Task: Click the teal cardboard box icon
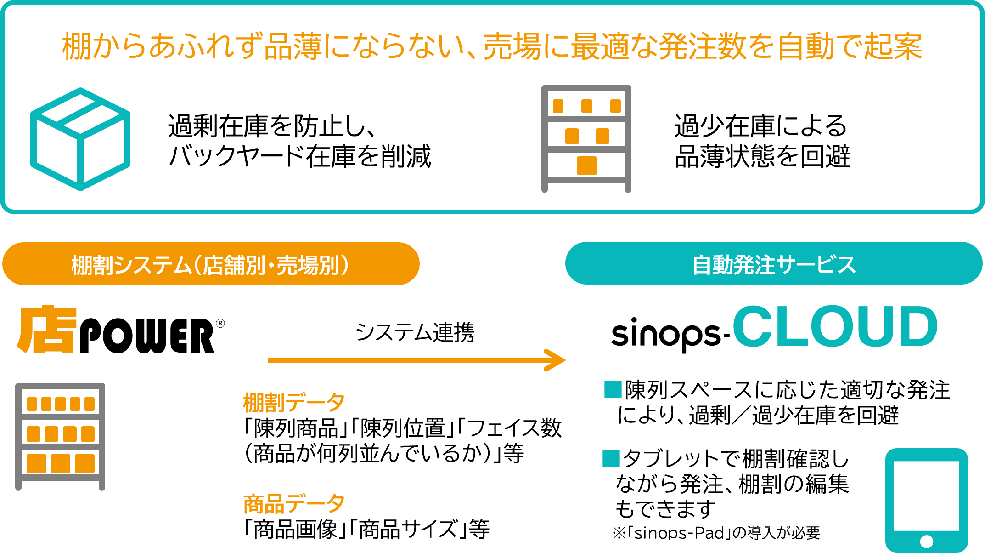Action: [80, 139]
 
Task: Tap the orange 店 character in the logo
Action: [46, 330]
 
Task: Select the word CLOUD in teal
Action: [835, 327]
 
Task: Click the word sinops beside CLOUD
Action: [666, 334]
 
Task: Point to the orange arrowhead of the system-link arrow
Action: [557, 360]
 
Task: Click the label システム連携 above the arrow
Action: [415, 332]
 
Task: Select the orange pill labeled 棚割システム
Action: [211, 264]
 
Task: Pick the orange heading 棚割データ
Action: [294, 402]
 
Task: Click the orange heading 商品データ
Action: [294, 504]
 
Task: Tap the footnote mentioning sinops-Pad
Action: [716, 533]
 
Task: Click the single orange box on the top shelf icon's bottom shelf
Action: [586, 166]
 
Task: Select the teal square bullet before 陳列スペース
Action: [613, 389]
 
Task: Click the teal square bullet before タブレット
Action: [611, 458]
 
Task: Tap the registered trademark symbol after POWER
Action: [220, 324]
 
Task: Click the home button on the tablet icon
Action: [927, 541]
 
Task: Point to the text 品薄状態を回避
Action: [762, 156]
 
